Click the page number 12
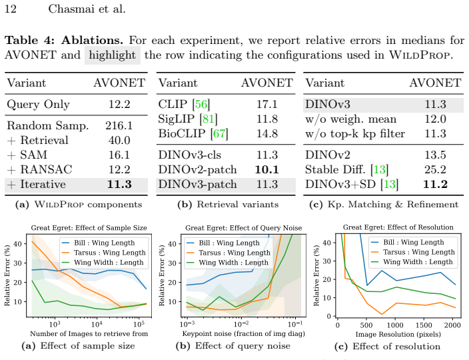tap(11, 9)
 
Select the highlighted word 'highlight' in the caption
tap(113, 55)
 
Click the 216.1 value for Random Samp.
tap(119, 125)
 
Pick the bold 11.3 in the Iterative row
tap(119, 185)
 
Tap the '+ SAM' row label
tap(27, 155)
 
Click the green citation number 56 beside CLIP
tap(201, 104)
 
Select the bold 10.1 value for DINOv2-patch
tap(266, 170)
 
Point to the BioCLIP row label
tap(182, 133)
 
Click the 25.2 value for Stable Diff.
tap(435, 170)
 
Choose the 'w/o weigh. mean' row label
tap(351, 119)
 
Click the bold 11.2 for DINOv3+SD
tap(435, 185)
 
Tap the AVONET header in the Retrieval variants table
tap(267, 83)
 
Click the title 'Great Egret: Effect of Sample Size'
tap(89, 228)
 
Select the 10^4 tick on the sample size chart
tap(97, 324)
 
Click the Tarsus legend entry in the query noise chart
tap(228, 253)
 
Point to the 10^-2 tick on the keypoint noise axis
tap(240, 324)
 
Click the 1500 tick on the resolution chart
tap(424, 325)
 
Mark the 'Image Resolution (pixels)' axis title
tap(398, 334)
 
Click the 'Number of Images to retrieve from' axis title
tap(89, 333)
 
